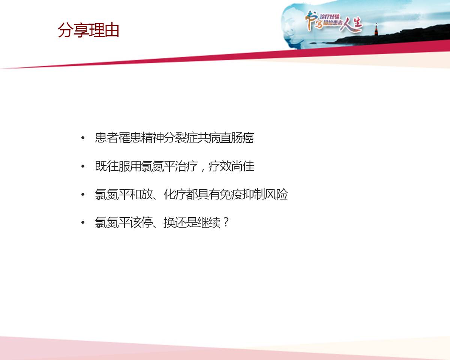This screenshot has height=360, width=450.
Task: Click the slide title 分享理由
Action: pyautogui.click(x=88, y=30)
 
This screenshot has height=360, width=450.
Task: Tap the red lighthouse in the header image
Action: pyautogui.click(x=376, y=29)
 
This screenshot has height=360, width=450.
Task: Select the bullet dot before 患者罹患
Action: pyautogui.click(x=83, y=138)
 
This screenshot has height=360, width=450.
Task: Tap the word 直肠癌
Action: pyautogui.click(x=237, y=138)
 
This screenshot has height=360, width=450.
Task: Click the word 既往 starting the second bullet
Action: pyautogui.click(x=106, y=166)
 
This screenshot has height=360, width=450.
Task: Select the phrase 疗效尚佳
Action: pyautogui.click(x=231, y=166)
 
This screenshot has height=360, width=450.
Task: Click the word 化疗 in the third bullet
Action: pyautogui.click(x=175, y=194)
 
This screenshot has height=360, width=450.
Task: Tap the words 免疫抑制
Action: pyautogui.click(x=242, y=194)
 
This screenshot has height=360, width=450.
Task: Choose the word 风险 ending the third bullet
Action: pyautogui.click(x=276, y=194)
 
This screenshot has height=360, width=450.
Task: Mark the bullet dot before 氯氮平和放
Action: pyautogui.click(x=83, y=194)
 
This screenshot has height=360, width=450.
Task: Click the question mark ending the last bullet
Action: pyautogui.click(x=226, y=222)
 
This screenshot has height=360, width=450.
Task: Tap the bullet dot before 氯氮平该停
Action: pyautogui.click(x=83, y=222)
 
